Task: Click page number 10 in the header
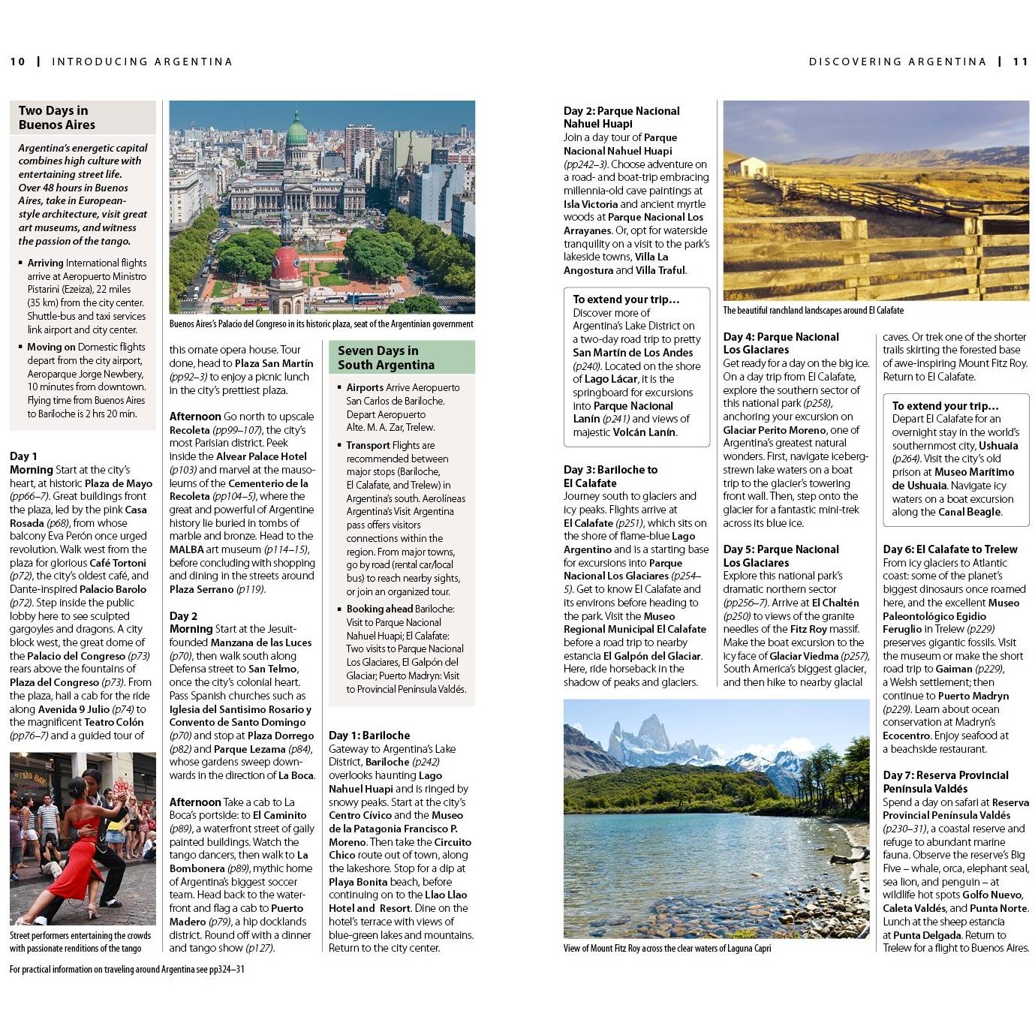coord(17,62)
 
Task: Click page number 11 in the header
coord(1020,62)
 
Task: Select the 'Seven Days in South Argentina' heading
coord(386,357)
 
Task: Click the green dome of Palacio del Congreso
coord(296,131)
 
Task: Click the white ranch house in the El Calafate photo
coord(745,166)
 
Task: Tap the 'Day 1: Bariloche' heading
coord(369,736)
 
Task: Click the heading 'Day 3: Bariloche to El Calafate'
coord(610,477)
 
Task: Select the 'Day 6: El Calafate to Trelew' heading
coord(949,549)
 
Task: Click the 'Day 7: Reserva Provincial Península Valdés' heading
coord(945,782)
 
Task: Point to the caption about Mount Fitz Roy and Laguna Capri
coord(666,948)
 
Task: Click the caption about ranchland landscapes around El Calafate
coord(813,310)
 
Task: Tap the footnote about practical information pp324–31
coord(127,969)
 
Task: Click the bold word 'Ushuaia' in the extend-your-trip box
coord(997,446)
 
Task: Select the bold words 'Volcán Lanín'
coord(644,432)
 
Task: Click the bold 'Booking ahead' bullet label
coord(379,609)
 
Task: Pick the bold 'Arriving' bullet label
coord(45,263)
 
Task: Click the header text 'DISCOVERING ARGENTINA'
coord(897,62)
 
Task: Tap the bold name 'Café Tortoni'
coord(117,563)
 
